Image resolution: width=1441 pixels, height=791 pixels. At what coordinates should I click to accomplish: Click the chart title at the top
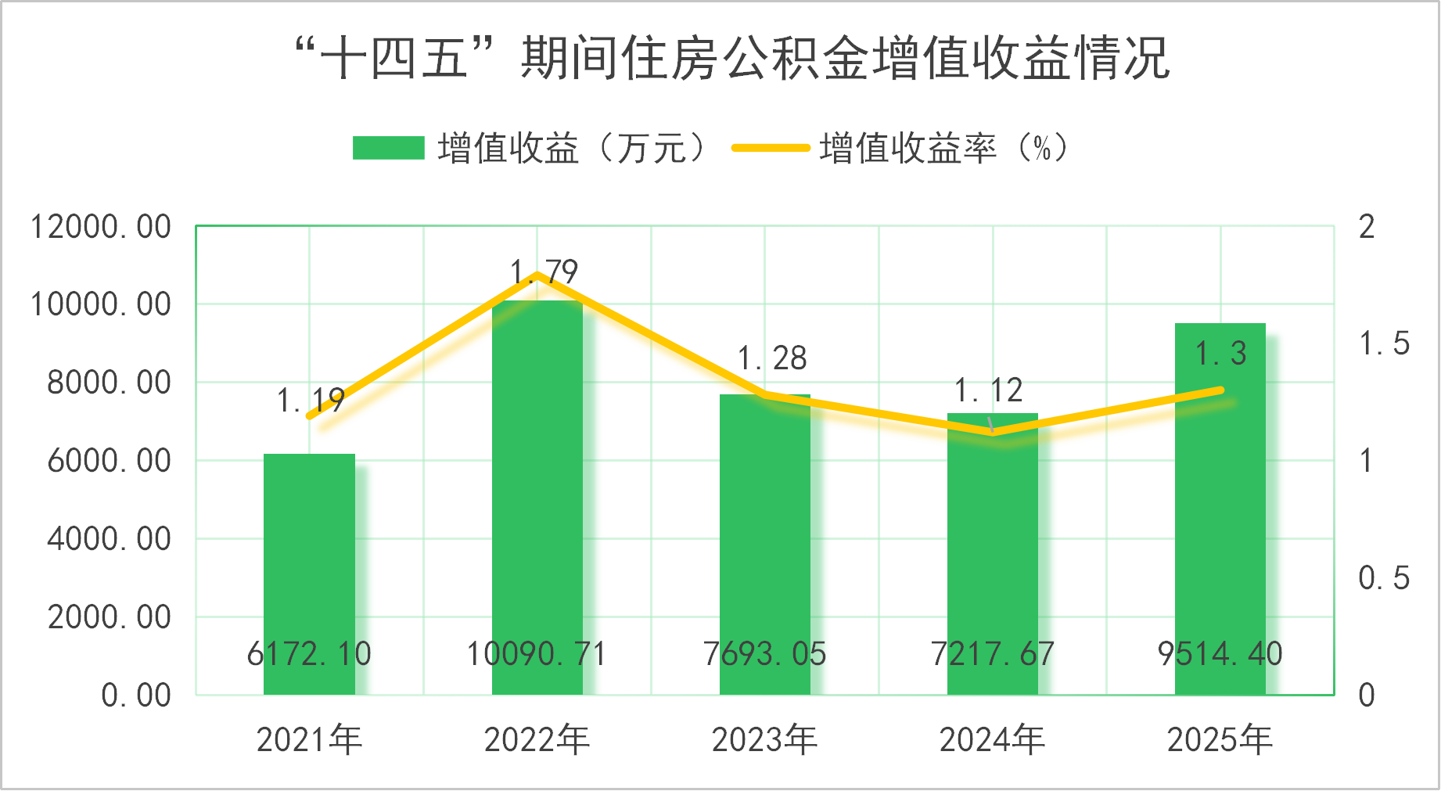pyautogui.click(x=731, y=58)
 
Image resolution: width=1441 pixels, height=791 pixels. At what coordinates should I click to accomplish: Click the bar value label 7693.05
pyautogui.click(x=764, y=654)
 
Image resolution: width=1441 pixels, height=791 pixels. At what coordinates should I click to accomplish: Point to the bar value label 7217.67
pyautogui.click(x=992, y=654)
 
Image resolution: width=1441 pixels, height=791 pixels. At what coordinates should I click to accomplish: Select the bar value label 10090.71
pyautogui.click(x=537, y=654)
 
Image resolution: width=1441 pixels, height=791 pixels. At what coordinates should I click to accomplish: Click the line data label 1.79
pyautogui.click(x=544, y=272)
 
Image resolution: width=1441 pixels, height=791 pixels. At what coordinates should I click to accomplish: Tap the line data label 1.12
pyautogui.click(x=989, y=390)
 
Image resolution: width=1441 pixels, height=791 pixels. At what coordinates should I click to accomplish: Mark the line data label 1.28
pyautogui.click(x=772, y=358)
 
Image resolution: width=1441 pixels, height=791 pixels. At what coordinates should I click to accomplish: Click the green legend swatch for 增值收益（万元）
pyautogui.click(x=388, y=148)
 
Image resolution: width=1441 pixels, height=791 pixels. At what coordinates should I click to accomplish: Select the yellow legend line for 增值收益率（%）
pyautogui.click(x=770, y=148)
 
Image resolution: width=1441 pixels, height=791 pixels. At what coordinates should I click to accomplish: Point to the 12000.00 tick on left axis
pyautogui.click(x=100, y=227)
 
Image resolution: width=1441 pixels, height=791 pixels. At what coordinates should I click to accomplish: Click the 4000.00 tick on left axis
pyautogui.click(x=109, y=539)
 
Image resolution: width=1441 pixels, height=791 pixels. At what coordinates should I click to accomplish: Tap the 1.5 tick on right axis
pyautogui.click(x=1384, y=343)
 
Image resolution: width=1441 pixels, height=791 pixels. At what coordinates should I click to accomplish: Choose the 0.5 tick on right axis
pyautogui.click(x=1384, y=578)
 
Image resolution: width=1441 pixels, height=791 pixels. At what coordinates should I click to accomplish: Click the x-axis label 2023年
pyautogui.click(x=764, y=739)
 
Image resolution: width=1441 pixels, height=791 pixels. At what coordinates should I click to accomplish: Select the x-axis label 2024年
pyautogui.click(x=992, y=739)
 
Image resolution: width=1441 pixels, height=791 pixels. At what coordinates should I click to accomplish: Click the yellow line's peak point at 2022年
pyautogui.click(x=537, y=275)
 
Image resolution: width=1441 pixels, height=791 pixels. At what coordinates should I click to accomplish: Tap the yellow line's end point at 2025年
pyautogui.click(x=1220, y=390)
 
